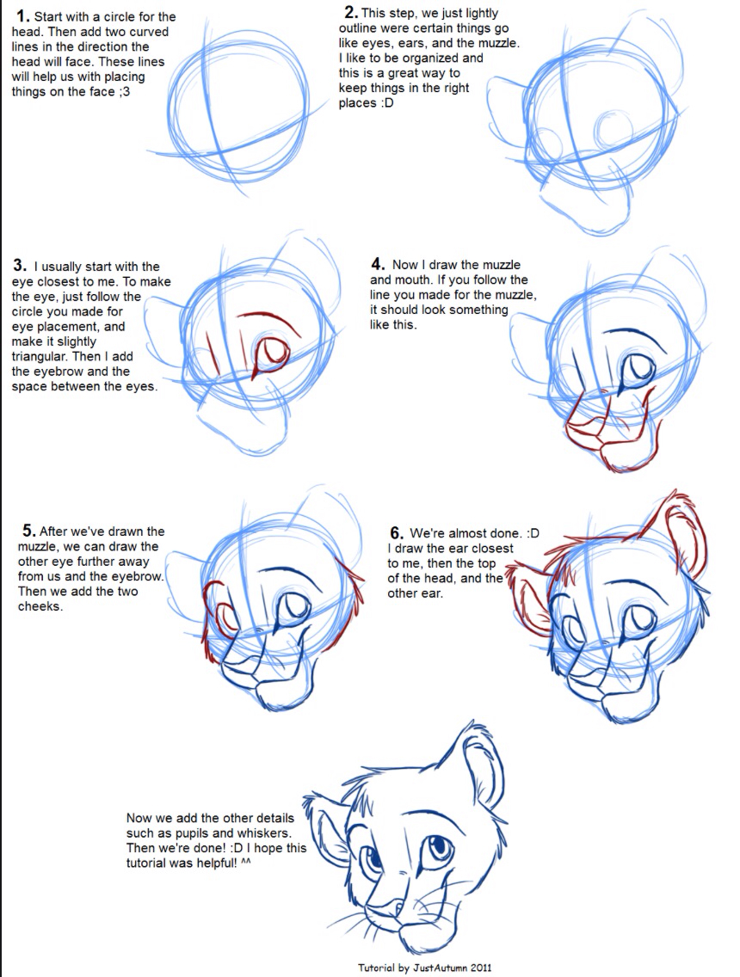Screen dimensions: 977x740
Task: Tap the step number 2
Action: tap(350, 11)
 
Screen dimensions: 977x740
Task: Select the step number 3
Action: tap(19, 266)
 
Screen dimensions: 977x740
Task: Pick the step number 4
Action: tap(376, 264)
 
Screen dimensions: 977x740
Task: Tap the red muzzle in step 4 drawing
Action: tap(607, 434)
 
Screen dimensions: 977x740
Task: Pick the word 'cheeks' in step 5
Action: tap(39, 606)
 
